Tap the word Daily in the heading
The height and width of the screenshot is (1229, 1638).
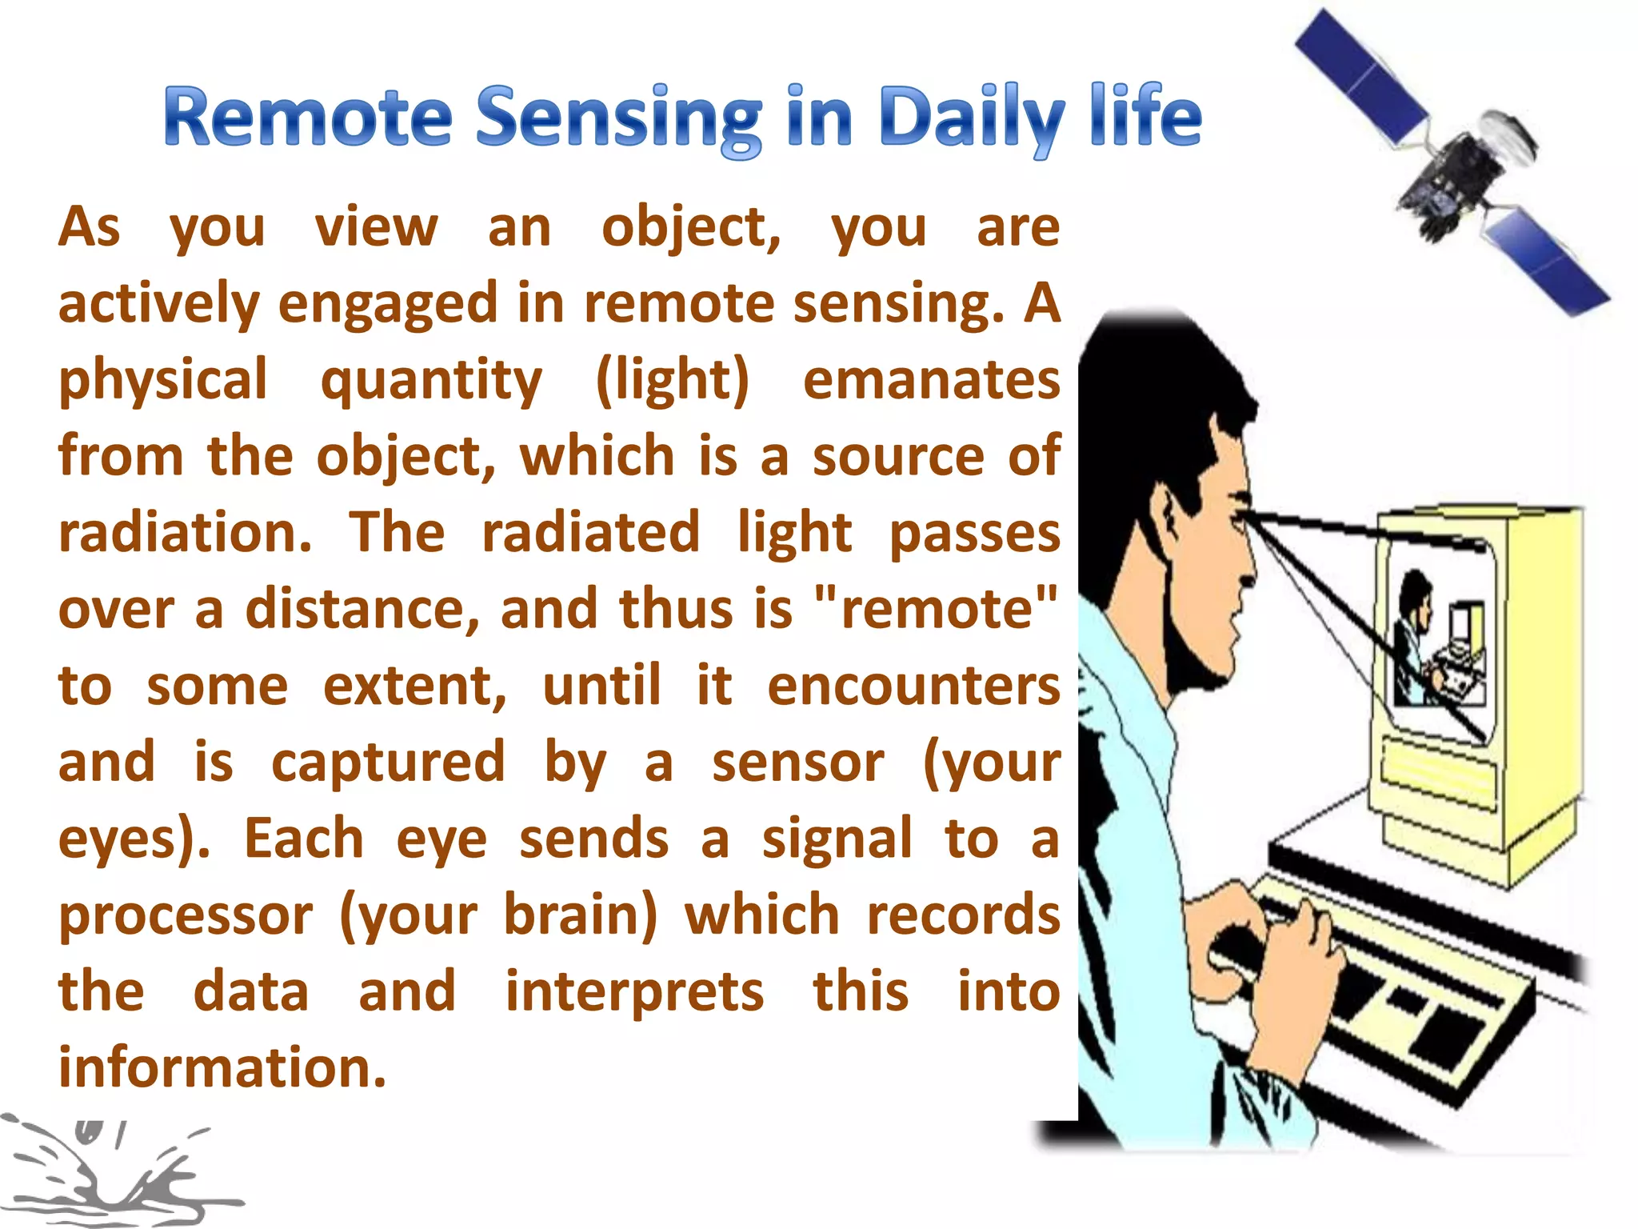[970, 118]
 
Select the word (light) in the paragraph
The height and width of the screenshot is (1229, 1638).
[673, 379]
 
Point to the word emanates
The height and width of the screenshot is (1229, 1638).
[931, 379]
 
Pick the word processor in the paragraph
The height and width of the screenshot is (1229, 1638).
[186, 915]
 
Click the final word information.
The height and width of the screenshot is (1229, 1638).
[222, 1067]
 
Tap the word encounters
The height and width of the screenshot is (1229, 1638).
[913, 686]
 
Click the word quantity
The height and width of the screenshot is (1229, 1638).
[431, 379]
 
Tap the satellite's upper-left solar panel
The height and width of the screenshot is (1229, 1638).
[1360, 76]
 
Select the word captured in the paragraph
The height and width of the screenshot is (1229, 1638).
[388, 763]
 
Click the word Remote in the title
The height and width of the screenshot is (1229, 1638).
[308, 118]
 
